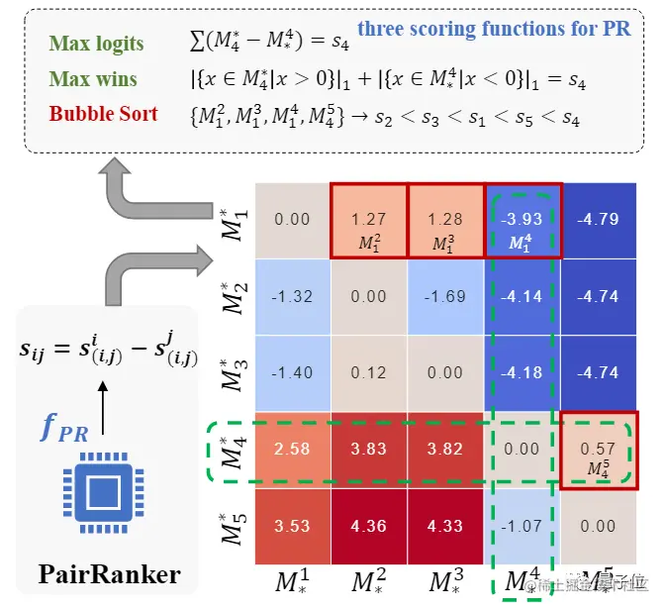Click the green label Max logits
tap(95, 44)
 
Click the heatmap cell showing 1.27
tap(368, 221)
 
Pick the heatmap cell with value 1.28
tap(445, 221)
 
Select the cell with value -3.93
tap(523, 221)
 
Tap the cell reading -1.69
tap(445, 297)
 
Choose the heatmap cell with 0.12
tap(368, 373)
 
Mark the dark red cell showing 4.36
tap(368, 525)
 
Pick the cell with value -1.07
tap(523, 525)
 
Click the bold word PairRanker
tap(109, 574)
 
